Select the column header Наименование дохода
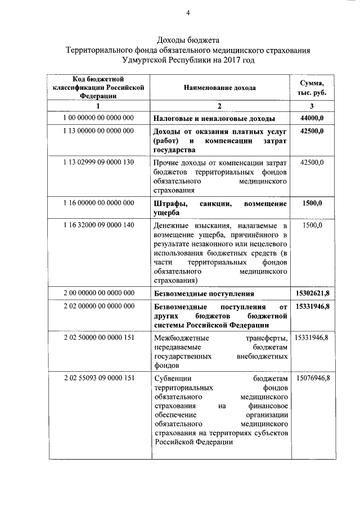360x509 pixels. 220,88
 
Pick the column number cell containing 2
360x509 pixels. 220,106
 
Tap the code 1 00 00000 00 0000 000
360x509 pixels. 98,118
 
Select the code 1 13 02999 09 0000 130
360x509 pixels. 98,163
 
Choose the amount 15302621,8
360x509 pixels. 312,293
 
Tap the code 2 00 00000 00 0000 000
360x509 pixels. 98,293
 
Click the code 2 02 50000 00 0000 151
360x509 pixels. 98,337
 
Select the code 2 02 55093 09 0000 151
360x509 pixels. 98,378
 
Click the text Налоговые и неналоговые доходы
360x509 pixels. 214,119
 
